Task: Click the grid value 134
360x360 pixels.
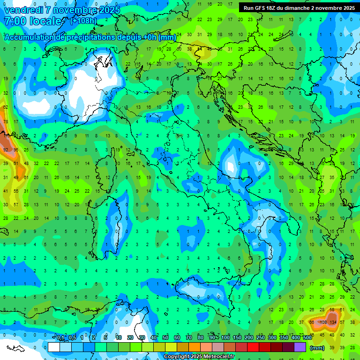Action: pos(333,322)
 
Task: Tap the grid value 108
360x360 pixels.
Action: pos(323,322)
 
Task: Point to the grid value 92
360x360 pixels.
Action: pos(6,150)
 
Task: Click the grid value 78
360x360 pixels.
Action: pos(6,121)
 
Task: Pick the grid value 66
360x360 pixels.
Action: pos(312,322)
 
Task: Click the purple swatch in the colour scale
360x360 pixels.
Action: pos(300,347)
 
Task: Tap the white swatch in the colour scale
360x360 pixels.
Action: pos(54,347)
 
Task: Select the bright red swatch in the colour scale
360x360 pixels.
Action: pos(253,347)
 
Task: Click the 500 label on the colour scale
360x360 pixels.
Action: pos(307,338)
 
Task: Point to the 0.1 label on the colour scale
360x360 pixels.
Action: pos(60,338)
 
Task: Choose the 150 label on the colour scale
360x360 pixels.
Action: pos(237,338)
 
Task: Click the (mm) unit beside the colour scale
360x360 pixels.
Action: pos(317,347)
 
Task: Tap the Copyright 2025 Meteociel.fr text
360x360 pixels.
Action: pos(199,357)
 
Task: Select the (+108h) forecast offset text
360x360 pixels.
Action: pos(83,21)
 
